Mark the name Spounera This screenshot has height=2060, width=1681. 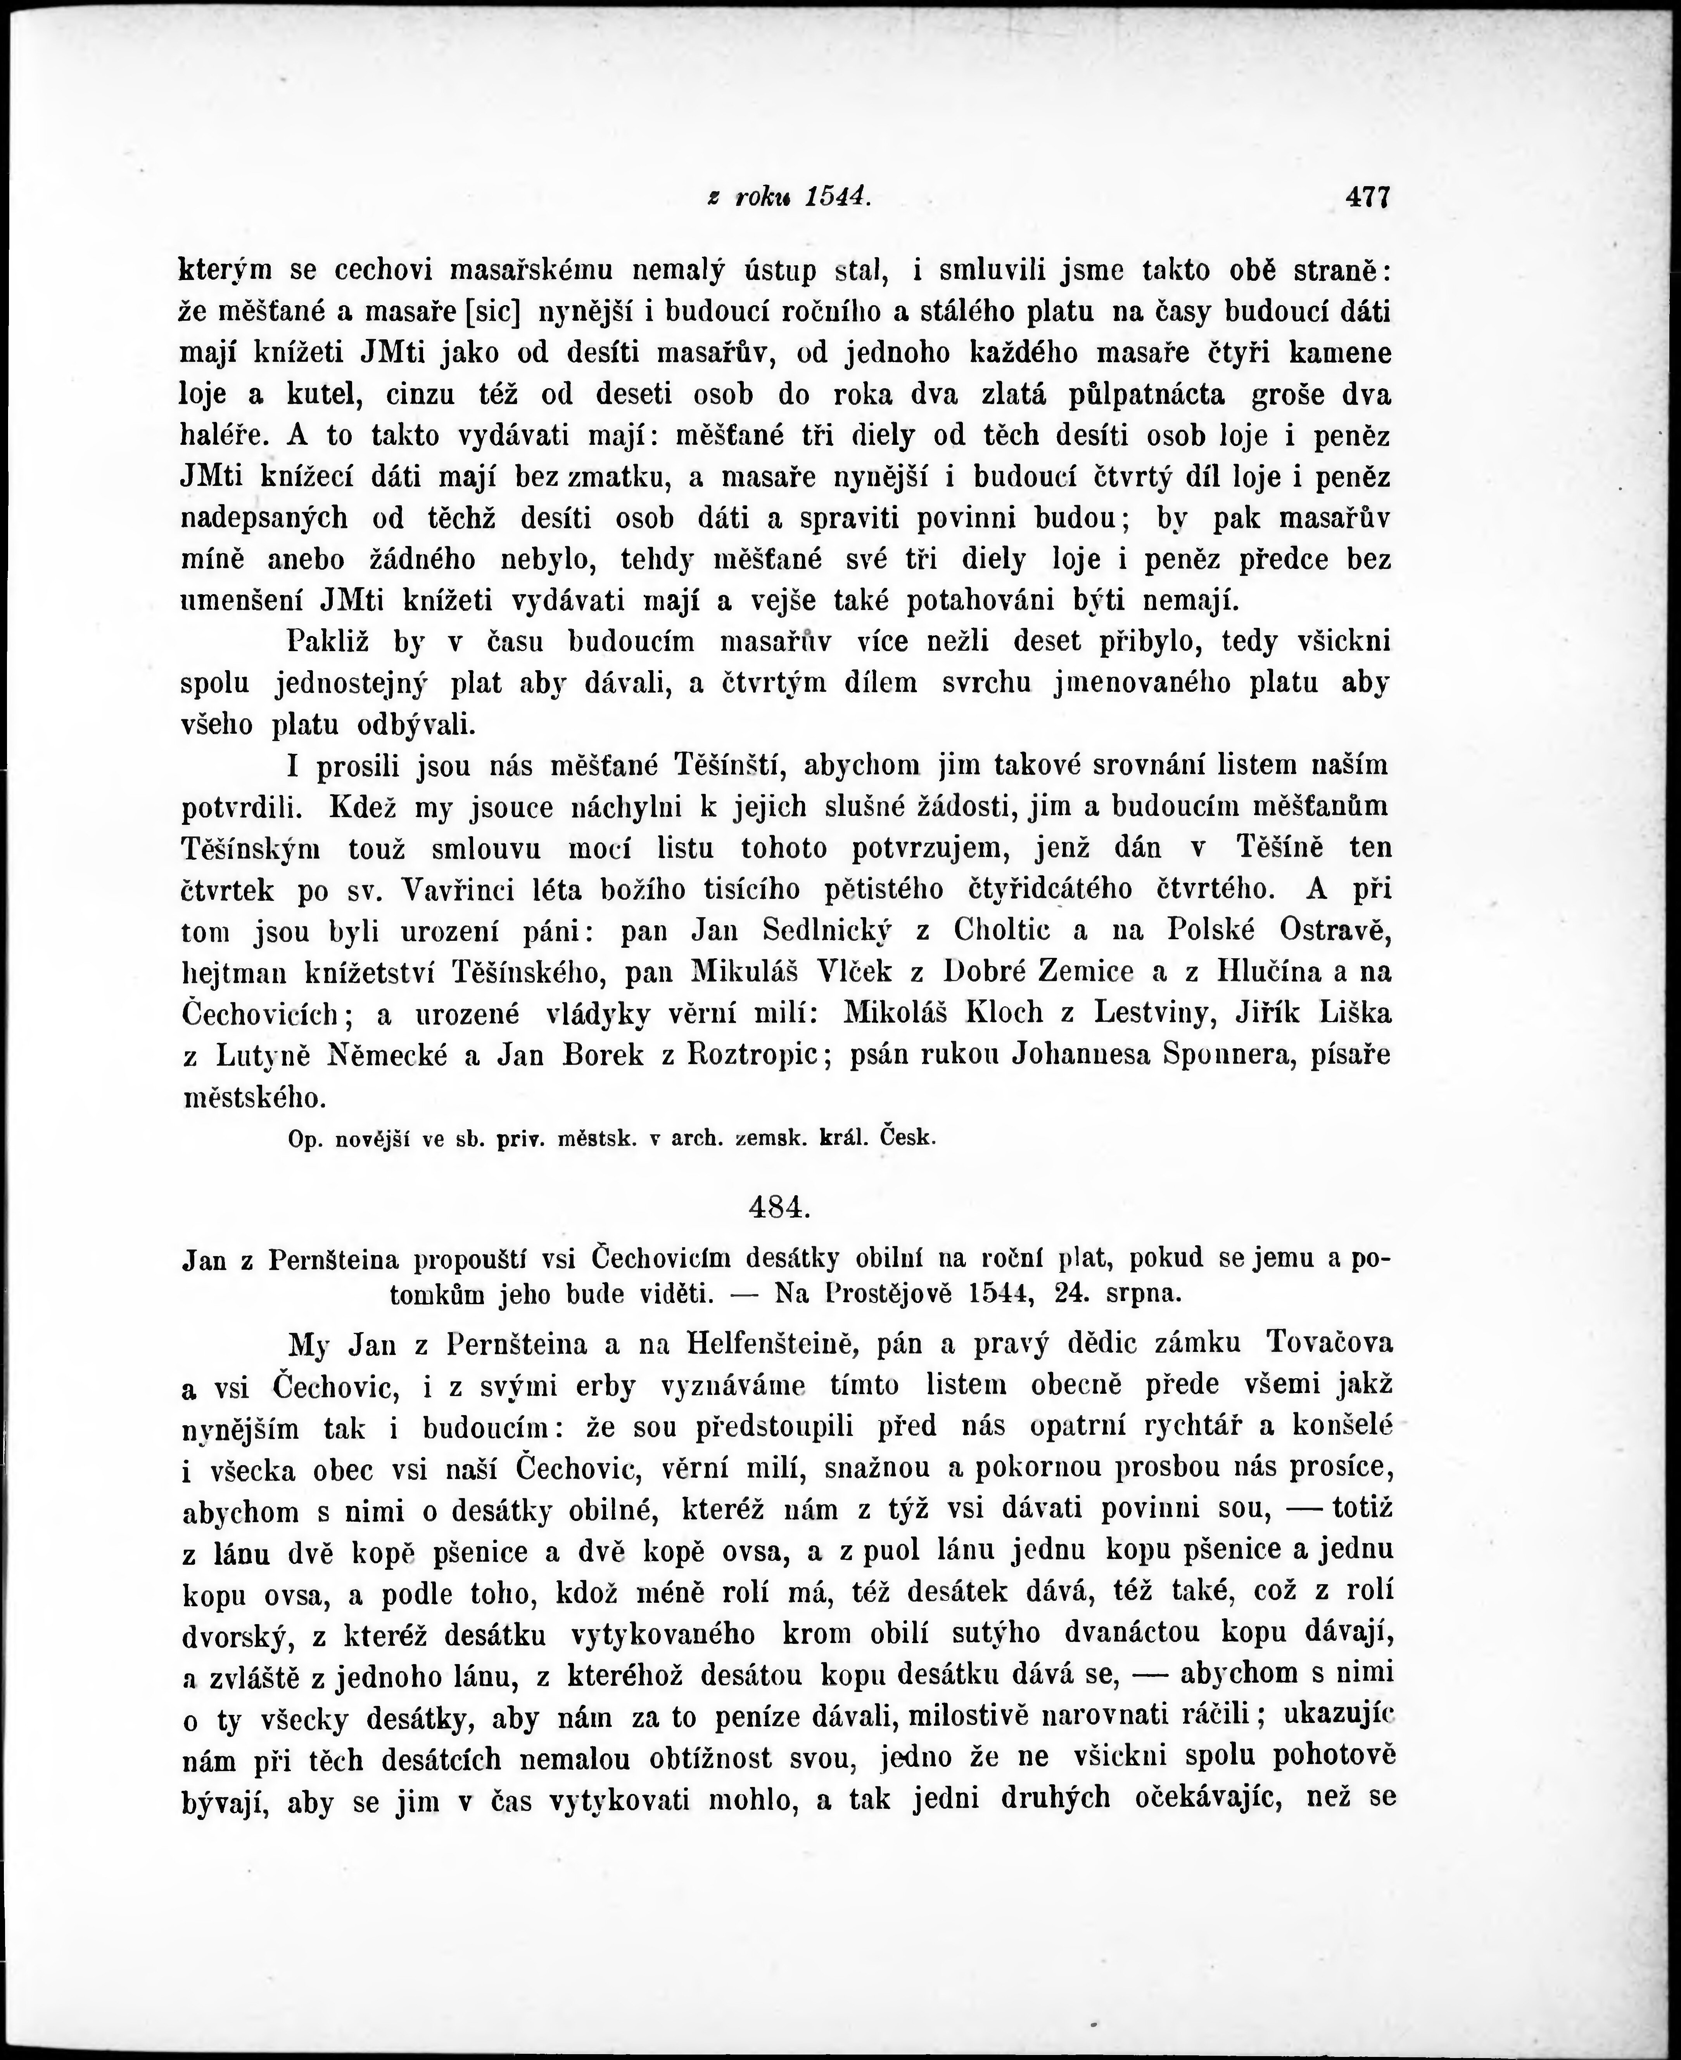1218,1055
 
